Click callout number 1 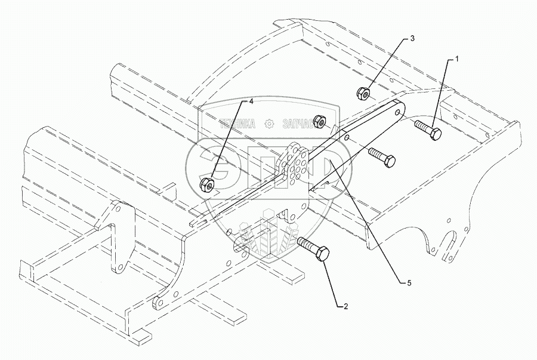click(x=457, y=59)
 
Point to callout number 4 click(x=251, y=102)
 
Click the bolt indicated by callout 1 click(x=427, y=130)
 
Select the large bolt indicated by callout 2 click(x=310, y=250)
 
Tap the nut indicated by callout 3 click(x=363, y=93)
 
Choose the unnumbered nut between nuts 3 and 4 click(x=320, y=122)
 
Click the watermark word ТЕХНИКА click(x=238, y=124)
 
